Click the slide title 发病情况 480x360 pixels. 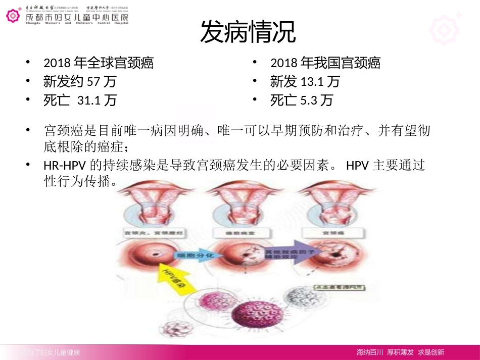pos(248,33)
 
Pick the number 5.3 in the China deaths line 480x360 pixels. pos(308,100)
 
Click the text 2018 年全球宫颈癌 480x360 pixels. pos(99,63)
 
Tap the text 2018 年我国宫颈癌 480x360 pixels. pos(325,63)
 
